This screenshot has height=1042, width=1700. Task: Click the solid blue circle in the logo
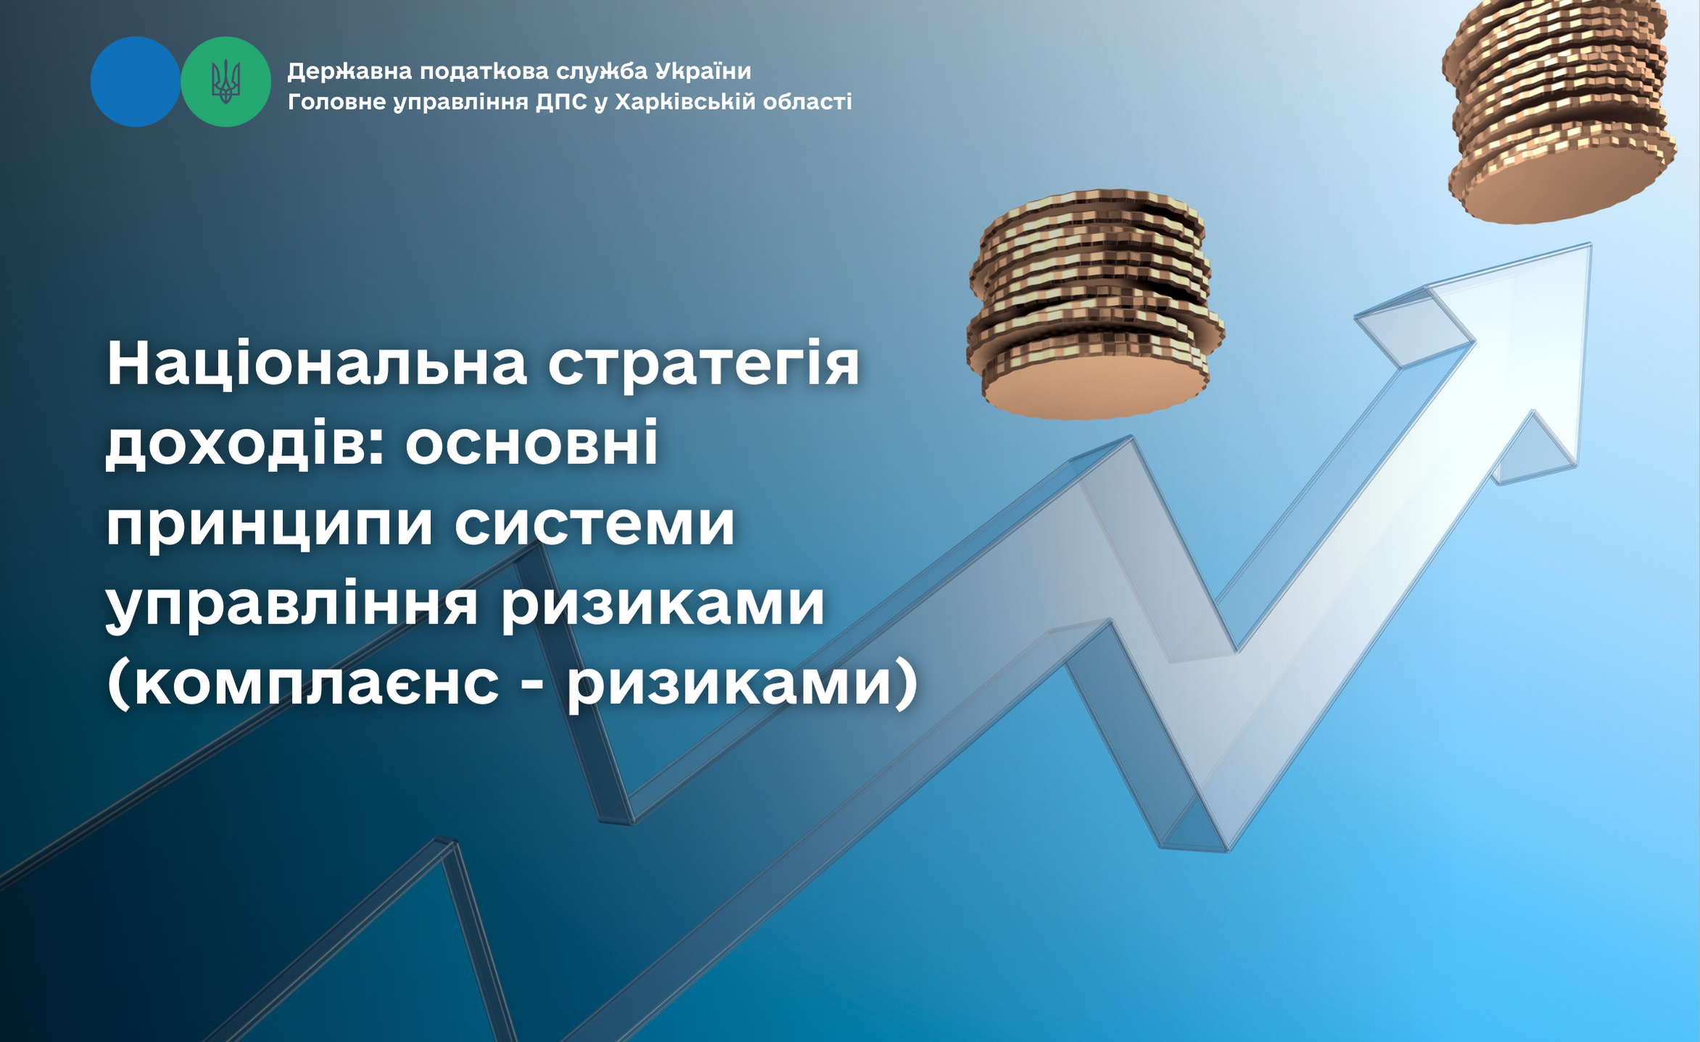pos(136,82)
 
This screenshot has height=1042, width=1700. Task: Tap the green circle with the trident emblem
pos(226,82)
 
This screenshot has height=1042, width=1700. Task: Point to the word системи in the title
pos(595,524)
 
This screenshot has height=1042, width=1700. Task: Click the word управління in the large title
pos(292,605)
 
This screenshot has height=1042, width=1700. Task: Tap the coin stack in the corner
pos(1559,109)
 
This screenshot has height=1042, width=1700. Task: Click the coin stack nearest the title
pos(1095,305)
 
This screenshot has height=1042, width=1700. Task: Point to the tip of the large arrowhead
pos(1591,244)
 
